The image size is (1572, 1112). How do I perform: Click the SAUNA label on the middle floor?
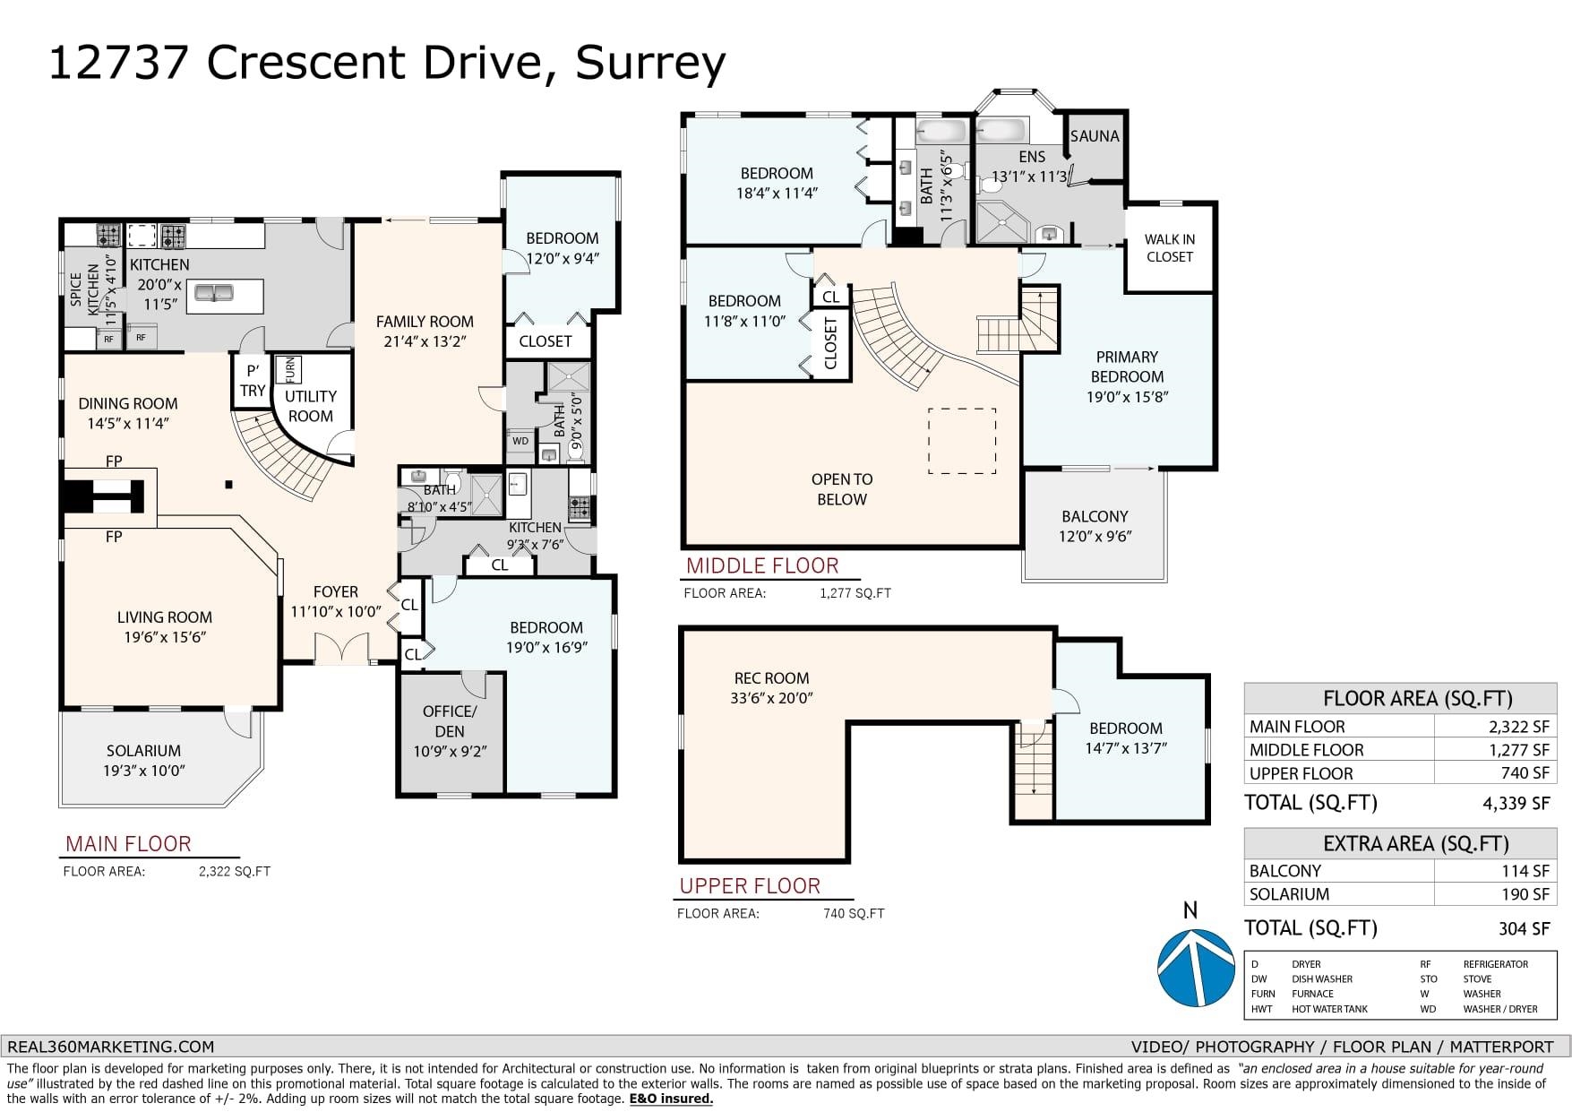pyautogui.click(x=1095, y=136)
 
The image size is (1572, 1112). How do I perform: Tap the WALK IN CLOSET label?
pyautogui.click(x=1169, y=248)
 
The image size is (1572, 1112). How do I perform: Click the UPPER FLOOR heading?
pyautogui.click(x=750, y=886)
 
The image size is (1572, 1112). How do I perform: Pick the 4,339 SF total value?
pyautogui.click(x=1516, y=803)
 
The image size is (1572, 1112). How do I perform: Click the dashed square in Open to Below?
pyautogui.click(x=962, y=441)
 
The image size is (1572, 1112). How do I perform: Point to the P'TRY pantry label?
pyautogui.click(x=253, y=380)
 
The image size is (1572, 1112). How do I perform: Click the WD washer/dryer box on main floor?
pyautogui.click(x=520, y=441)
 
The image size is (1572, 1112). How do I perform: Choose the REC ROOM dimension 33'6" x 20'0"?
pyautogui.click(x=771, y=698)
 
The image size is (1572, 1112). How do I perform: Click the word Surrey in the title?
pyautogui.click(x=649, y=63)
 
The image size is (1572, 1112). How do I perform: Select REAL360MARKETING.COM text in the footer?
pyautogui.click(x=111, y=1047)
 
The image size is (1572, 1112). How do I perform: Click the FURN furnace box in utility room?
pyautogui.click(x=289, y=369)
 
